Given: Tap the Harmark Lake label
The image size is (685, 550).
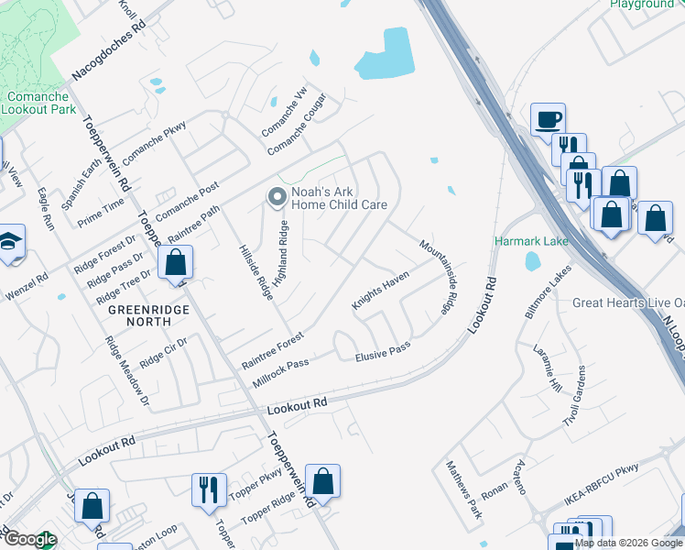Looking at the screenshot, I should [x=531, y=241].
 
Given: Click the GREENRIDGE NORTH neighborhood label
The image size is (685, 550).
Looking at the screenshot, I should [x=140, y=315].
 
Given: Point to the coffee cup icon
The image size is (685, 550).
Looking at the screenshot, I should [x=548, y=119].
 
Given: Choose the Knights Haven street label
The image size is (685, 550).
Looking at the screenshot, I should [x=379, y=291].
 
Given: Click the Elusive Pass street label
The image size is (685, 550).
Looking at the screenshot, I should [x=382, y=350].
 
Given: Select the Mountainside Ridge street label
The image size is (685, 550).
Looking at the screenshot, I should [x=438, y=277].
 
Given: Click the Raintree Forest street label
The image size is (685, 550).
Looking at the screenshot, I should [x=272, y=350].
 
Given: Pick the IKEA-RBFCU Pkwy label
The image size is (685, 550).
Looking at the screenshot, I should [x=601, y=499].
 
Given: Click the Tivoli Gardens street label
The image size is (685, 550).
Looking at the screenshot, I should [x=579, y=403].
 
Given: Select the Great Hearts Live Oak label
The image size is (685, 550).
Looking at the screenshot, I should [x=628, y=302].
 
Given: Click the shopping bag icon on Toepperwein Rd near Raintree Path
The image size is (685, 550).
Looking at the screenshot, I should [x=175, y=262].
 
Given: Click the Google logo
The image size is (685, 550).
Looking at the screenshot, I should [x=29, y=539].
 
